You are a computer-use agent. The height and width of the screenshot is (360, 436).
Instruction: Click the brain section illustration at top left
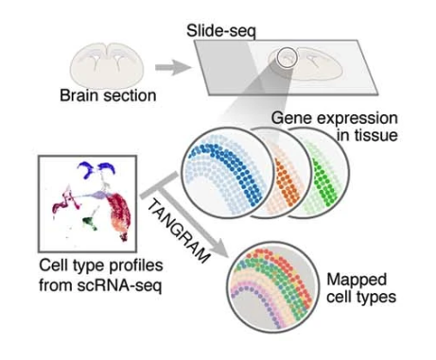point(104,60)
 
